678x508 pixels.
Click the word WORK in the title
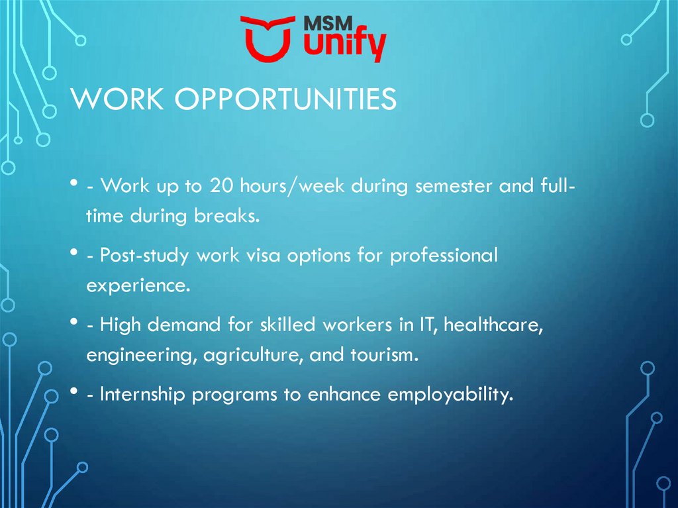(117, 99)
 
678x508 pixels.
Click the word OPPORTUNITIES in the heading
(285, 99)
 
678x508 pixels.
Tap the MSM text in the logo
(328, 24)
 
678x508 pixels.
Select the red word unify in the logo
(344, 44)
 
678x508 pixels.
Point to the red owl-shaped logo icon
(268, 38)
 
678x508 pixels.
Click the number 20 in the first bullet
(221, 185)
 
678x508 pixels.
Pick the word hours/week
(292, 185)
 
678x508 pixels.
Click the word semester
(454, 187)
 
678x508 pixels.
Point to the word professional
(444, 256)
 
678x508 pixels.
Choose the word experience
(138, 286)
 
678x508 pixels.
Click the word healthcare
(493, 325)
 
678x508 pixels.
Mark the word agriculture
(253, 355)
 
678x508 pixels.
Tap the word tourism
(384, 355)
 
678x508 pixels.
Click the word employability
(450, 395)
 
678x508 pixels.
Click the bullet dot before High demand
(73, 322)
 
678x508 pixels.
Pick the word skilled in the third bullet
(287, 325)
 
